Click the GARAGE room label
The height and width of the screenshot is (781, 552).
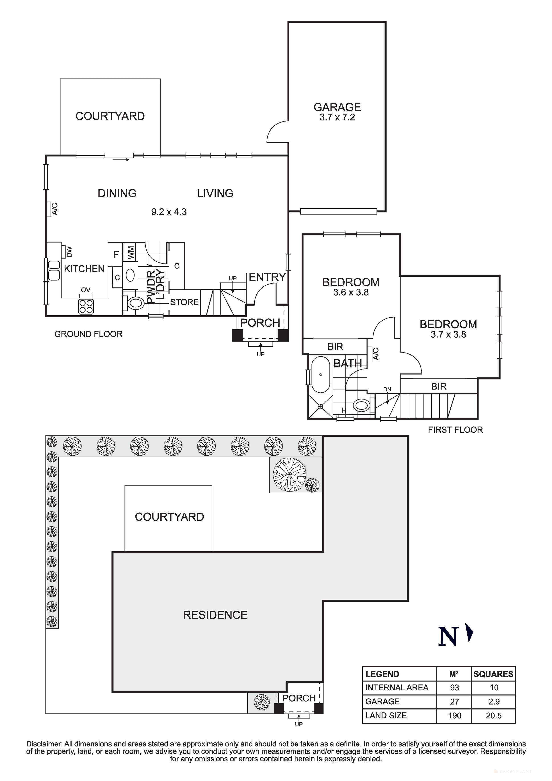click(x=337, y=107)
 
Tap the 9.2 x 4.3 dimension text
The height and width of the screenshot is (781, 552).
click(x=169, y=212)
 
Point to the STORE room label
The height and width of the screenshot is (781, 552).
click(x=184, y=302)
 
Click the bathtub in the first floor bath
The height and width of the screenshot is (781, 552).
click(x=321, y=375)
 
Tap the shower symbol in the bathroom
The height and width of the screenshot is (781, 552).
click(x=321, y=406)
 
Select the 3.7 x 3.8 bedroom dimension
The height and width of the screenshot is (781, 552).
click(x=448, y=334)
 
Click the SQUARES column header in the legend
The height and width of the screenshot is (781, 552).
click(x=493, y=674)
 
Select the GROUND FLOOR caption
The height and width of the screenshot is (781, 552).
click(x=88, y=334)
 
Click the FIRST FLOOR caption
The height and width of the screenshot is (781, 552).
click(x=455, y=430)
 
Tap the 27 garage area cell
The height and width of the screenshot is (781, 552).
click(x=454, y=701)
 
